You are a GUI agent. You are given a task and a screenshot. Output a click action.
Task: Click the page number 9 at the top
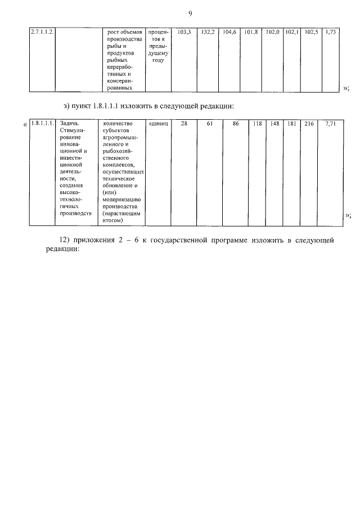[x=190, y=13]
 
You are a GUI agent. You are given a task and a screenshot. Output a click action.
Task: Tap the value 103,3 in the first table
[x=184, y=33]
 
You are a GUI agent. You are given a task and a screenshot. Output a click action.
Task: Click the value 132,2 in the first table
[x=208, y=33]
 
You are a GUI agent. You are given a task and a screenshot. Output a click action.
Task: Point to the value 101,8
[x=251, y=33]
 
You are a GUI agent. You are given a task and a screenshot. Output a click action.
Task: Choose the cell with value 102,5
[x=311, y=33]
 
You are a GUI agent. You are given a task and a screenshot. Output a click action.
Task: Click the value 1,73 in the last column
[x=331, y=33]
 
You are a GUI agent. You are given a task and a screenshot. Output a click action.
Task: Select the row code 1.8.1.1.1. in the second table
[x=42, y=124]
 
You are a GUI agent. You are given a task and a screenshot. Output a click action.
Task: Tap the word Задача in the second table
[x=68, y=124]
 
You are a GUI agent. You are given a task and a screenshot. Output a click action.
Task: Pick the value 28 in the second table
[x=184, y=124]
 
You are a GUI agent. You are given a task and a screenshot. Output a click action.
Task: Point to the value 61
[x=209, y=124]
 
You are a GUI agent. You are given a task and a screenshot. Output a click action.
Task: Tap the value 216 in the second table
[x=309, y=124]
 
